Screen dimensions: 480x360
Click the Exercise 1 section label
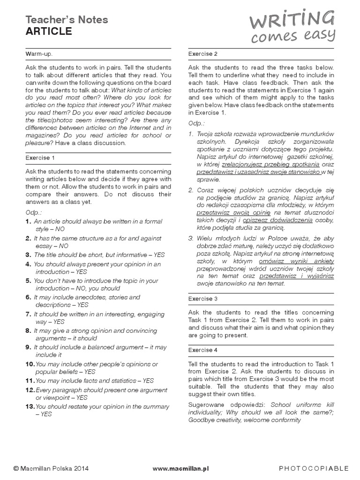point(40,157)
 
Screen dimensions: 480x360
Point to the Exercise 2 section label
point(203,54)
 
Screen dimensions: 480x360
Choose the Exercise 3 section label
point(203,299)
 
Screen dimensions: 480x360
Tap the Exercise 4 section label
point(203,350)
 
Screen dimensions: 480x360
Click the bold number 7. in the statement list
point(28,314)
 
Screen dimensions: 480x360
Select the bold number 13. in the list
point(30,406)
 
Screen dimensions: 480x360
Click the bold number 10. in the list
point(30,364)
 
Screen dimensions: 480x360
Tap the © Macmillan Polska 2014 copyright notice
point(51,468)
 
